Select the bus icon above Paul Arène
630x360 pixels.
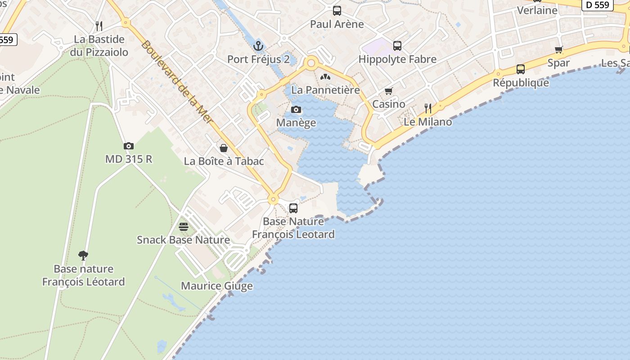(x=337, y=11)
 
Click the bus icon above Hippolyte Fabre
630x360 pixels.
(x=397, y=46)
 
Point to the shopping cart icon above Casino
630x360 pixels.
(x=389, y=91)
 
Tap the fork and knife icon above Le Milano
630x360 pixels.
(x=428, y=108)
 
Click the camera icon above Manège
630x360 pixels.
(x=296, y=109)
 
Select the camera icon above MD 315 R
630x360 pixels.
(x=129, y=146)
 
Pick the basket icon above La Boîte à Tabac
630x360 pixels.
(x=224, y=148)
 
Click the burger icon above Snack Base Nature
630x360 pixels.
(x=184, y=226)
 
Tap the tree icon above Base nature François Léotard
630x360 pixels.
(x=83, y=256)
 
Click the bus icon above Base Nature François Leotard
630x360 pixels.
(x=293, y=208)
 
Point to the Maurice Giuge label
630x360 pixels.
(x=217, y=286)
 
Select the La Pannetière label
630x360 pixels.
(x=326, y=90)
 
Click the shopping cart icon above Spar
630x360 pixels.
(x=559, y=50)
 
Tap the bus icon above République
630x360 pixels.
(x=521, y=69)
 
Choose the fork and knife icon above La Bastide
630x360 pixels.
(x=99, y=26)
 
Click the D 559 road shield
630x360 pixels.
(x=598, y=5)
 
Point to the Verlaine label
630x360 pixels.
(x=537, y=10)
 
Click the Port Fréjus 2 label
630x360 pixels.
(x=258, y=59)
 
